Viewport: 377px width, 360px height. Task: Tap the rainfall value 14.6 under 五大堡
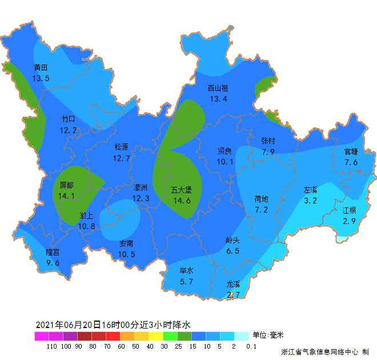(x=182, y=201)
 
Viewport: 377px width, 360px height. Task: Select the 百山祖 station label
(x=218, y=88)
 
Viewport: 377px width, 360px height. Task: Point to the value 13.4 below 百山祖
(x=218, y=99)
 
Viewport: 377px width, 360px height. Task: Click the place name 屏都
(x=67, y=185)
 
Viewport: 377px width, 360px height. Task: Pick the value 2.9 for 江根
(x=349, y=221)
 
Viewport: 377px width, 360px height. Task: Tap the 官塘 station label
(x=351, y=151)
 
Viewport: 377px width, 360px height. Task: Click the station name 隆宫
(x=53, y=252)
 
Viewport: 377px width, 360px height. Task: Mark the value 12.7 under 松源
(x=122, y=158)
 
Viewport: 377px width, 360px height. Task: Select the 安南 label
(x=127, y=243)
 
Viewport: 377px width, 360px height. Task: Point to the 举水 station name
(x=186, y=270)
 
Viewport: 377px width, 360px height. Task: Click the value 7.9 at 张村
(x=268, y=152)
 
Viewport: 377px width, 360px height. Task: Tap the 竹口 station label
(x=68, y=119)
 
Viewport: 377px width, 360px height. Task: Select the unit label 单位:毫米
(x=268, y=335)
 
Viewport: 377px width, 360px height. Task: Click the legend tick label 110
(x=52, y=346)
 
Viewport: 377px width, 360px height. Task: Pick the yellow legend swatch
(x=155, y=336)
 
